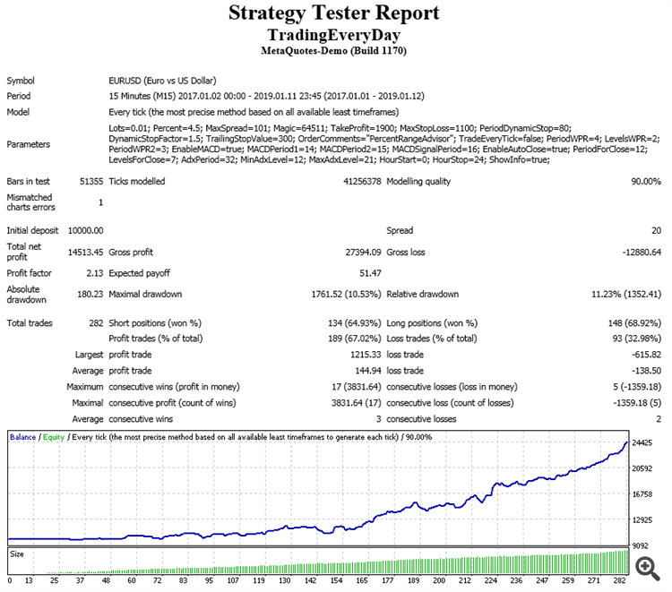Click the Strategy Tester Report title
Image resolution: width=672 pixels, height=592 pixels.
[334, 13]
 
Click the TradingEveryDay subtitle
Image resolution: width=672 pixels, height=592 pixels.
[334, 35]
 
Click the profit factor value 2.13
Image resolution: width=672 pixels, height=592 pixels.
[93, 272]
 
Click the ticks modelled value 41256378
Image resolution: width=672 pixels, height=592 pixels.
[356, 182]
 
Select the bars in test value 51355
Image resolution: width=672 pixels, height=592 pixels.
[90, 182]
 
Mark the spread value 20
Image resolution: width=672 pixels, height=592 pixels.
[657, 230]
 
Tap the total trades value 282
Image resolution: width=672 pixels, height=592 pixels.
[94, 322]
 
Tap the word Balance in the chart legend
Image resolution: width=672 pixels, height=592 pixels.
[23, 437]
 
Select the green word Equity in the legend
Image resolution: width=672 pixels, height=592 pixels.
[55, 437]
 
